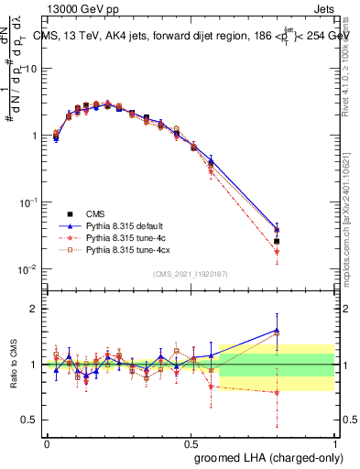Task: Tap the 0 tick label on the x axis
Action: [x=47, y=443]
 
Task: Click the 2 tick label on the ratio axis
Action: [x=37, y=309]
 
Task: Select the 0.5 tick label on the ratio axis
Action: [x=32, y=420]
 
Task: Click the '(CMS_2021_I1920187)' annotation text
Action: [x=191, y=274]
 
